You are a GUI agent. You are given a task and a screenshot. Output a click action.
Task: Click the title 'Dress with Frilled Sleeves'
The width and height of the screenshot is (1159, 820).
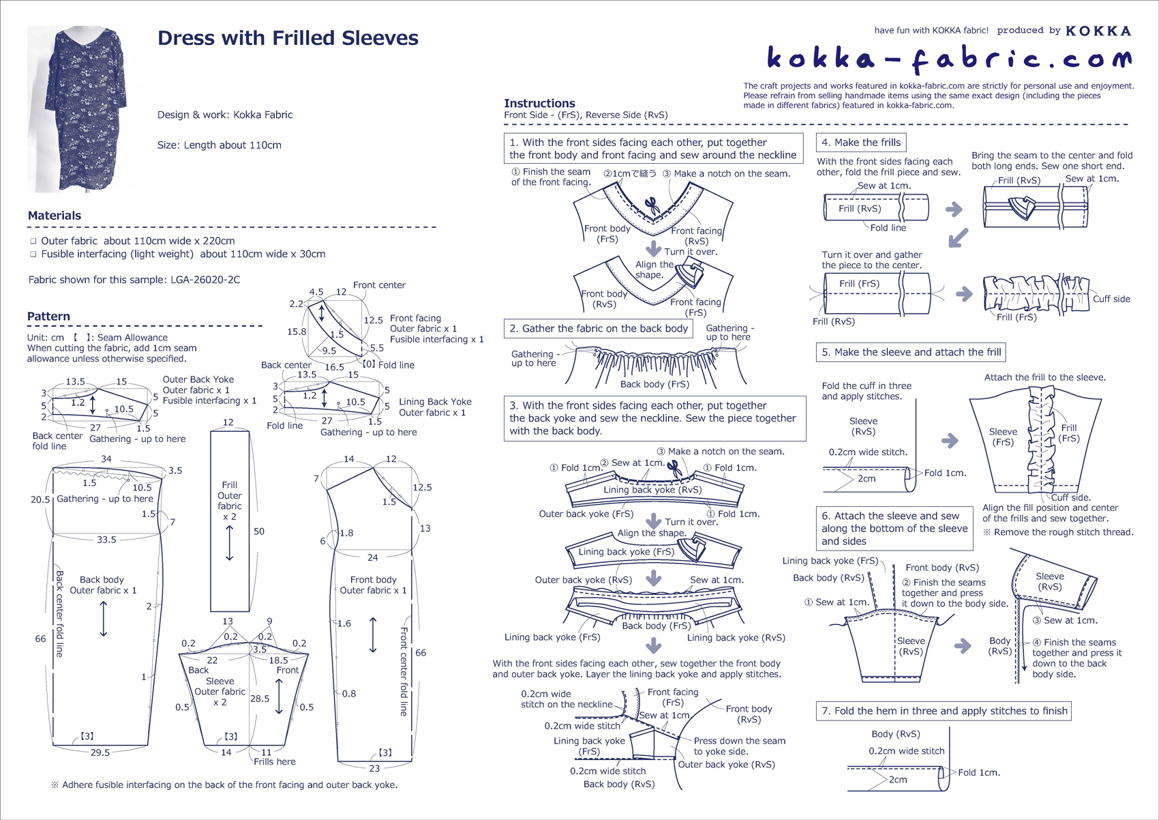point(288,38)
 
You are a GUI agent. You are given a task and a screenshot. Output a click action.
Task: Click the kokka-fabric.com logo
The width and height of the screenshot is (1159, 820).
point(948,59)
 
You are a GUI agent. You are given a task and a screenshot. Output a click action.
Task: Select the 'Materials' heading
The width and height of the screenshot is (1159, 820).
point(55,216)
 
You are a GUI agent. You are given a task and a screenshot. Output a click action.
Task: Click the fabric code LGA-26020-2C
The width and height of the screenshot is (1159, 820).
point(205,280)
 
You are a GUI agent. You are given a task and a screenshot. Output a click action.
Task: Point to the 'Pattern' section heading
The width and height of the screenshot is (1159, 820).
point(48,317)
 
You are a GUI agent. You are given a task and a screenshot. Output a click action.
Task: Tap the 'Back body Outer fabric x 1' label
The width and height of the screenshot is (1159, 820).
point(102,585)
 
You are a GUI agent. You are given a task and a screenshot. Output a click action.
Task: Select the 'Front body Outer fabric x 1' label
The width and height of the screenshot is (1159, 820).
point(373,585)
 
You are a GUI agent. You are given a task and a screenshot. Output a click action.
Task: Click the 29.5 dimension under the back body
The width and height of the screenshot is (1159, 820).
point(100,752)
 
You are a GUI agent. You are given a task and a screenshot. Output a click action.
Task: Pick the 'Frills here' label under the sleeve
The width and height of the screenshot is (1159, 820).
point(275,761)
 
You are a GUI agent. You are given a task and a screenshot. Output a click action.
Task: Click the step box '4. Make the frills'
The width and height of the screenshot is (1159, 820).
point(860,143)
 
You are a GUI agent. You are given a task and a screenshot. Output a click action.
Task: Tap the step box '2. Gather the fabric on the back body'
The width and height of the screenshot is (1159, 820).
point(598,329)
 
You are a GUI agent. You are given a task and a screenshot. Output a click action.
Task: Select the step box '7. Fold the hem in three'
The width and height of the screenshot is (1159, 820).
point(944,711)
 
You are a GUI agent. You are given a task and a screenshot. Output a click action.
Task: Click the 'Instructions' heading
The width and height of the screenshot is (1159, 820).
point(539,103)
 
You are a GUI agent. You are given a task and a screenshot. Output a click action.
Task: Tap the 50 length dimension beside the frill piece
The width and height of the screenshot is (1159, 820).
point(259,531)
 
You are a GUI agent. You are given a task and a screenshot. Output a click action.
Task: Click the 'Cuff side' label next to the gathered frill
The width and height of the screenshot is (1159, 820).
point(1111,299)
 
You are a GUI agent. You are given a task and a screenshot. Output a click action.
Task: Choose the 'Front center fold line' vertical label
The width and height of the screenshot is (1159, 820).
point(404,672)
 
